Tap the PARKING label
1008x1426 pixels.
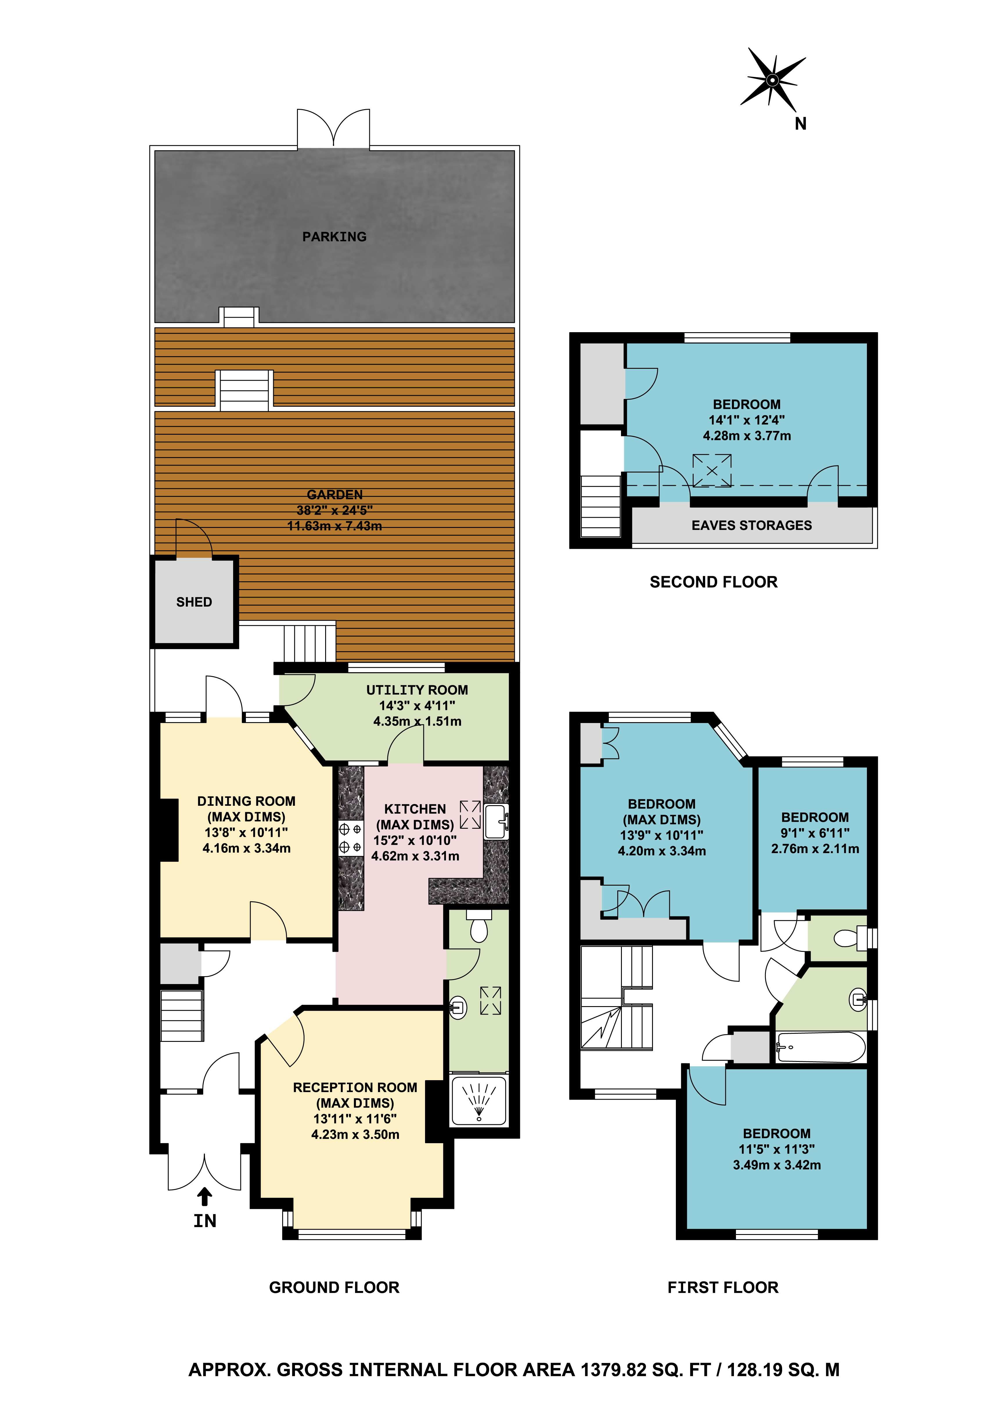334,237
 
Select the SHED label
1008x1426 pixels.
194,602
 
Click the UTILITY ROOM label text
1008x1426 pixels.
417,690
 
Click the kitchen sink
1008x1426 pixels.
496,822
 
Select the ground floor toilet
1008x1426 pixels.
479,927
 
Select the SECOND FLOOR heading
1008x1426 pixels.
714,582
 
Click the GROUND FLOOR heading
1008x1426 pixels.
334,1287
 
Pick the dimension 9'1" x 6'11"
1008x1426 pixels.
815,833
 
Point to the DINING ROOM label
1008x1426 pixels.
246,801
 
